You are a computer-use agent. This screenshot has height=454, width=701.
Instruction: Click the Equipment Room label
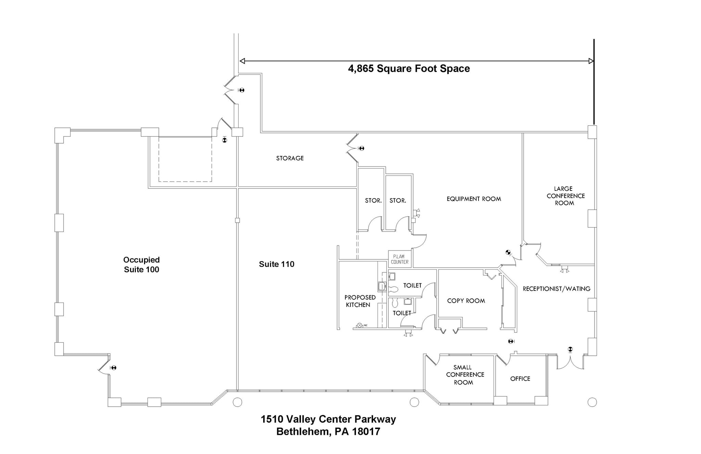click(473, 199)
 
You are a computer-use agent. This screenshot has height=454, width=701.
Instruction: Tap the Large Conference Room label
click(565, 196)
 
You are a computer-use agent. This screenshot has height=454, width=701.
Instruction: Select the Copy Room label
click(466, 301)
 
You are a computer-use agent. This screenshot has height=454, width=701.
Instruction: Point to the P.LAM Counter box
click(399, 259)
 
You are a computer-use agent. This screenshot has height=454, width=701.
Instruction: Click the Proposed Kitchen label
click(359, 301)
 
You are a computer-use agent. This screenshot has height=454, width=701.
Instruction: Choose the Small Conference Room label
click(464, 375)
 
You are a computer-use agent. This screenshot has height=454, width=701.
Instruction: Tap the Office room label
click(520, 379)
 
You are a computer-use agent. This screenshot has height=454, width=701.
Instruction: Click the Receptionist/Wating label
click(556, 289)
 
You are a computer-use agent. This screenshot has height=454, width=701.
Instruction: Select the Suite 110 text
click(277, 264)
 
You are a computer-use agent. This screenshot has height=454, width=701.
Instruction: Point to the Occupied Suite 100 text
click(141, 265)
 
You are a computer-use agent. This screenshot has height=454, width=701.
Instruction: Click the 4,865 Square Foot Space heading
click(409, 69)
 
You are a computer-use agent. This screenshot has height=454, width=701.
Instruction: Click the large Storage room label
click(290, 158)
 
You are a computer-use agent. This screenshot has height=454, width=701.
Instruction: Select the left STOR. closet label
click(373, 200)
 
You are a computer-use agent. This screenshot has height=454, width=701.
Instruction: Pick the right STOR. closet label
click(398, 200)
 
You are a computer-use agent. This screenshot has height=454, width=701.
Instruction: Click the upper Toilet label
click(412, 285)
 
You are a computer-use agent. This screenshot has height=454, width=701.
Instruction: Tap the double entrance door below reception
click(570, 363)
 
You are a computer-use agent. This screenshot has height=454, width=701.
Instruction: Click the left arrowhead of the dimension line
click(242, 61)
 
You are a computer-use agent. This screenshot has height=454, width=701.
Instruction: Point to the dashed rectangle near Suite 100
click(185, 159)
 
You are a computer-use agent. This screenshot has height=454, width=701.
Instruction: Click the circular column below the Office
click(592, 402)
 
